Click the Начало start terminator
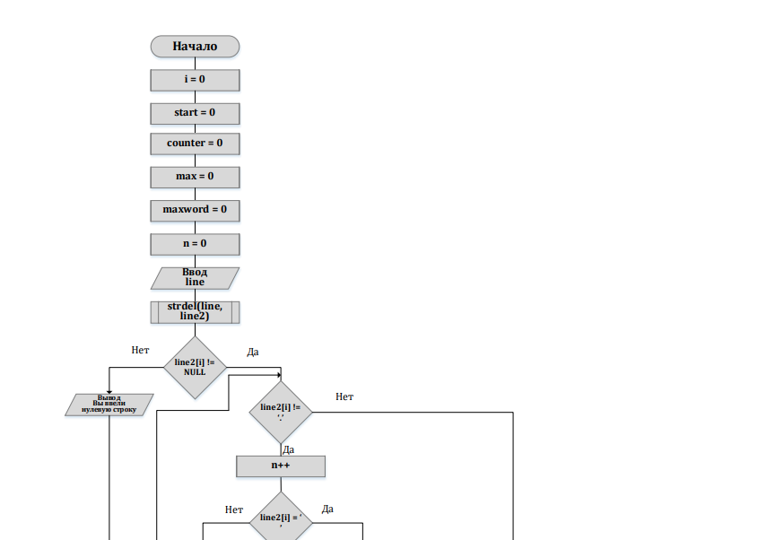click(195, 46)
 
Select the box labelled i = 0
click(195, 80)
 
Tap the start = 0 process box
click(195, 113)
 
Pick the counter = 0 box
click(195, 144)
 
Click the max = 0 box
click(195, 177)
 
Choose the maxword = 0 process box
click(195, 210)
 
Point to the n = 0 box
click(195, 244)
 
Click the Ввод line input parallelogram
click(195, 278)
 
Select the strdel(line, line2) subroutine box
click(195, 311)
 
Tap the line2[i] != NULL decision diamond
click(195, 367)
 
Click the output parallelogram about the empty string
click(109, 405)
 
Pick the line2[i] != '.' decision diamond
click(281, 411)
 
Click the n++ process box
click(281, 466)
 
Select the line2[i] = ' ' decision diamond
click(281, 520)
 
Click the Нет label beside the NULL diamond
click(140, 350)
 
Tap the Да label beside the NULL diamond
click(252, 353)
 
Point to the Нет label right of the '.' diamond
click(344, 396)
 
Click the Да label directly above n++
click(289, 449)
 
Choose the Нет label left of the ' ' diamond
click(234, 510)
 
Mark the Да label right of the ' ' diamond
click(327, 509)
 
